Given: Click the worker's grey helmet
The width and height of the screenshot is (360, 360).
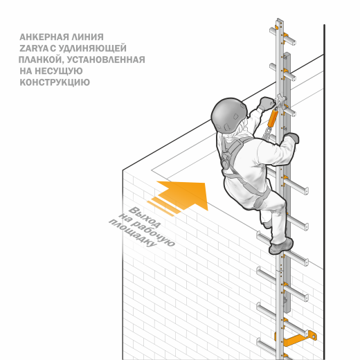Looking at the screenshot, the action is click(229, 116).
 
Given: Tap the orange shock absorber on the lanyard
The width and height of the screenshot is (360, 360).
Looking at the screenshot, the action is click(272, 118).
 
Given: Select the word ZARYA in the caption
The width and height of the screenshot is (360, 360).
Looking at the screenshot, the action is click(34, 48).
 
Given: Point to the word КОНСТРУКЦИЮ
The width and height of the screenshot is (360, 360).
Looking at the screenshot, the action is click(55, 82).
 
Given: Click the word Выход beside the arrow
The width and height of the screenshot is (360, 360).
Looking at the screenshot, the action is click(144, 217).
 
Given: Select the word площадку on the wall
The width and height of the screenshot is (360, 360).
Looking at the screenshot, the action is click(132, 233).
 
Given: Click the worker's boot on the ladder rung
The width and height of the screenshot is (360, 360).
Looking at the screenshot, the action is click(281, 246).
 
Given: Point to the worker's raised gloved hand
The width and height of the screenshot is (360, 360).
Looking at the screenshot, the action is click(267, 103).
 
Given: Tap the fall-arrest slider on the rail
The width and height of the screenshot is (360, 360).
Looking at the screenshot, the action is click(280, 101).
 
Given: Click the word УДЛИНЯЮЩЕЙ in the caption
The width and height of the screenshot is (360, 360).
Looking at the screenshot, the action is click(92, 48).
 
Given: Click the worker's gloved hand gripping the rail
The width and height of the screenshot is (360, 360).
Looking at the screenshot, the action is click(291, 138).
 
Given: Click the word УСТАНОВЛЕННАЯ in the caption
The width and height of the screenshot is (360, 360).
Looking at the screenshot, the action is click(106, 60).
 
